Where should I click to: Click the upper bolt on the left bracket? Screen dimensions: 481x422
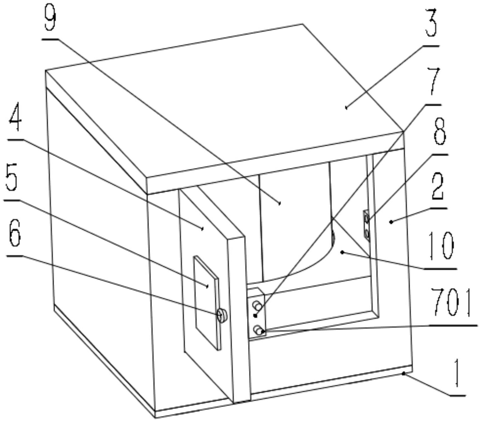pyautogui.click(x=257, y=305)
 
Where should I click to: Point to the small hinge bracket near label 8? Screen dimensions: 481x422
pyautogui.click(x=366, y=226)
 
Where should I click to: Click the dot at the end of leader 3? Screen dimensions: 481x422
pyautogui.click(x=346, y=108)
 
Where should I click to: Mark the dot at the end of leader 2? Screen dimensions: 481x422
pyautogui.click(x=391, y=222)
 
